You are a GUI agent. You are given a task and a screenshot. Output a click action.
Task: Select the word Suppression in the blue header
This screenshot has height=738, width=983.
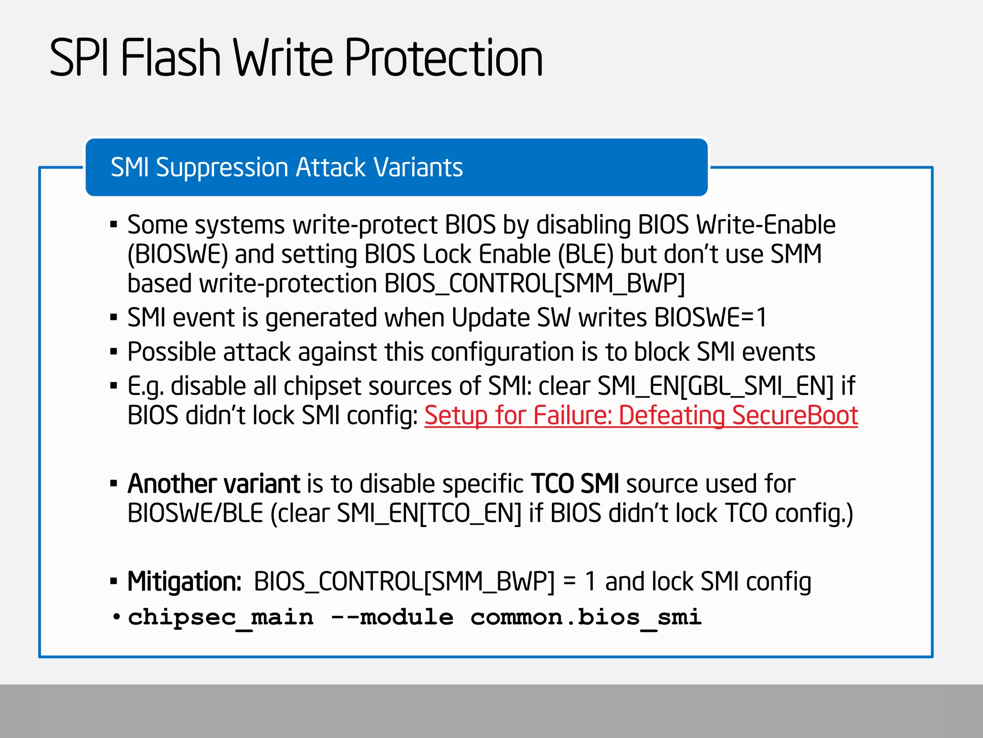(222, 168)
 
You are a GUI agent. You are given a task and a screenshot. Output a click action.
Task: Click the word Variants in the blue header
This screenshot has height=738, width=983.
(418, 168)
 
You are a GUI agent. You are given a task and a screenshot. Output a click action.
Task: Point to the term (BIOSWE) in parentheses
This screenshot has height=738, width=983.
(178, 254)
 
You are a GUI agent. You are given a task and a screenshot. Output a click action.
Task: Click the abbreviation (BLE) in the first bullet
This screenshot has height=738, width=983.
(586, 254)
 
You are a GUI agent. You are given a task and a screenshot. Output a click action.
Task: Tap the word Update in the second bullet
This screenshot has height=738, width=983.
(490, 318)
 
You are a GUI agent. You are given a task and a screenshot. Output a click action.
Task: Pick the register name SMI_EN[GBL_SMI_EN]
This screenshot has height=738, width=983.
(715, 386)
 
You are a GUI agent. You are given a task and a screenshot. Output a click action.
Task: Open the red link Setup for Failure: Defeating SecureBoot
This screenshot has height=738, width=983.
(641, 416)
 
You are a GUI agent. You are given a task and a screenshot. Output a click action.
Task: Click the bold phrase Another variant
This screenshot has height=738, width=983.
(214, 484)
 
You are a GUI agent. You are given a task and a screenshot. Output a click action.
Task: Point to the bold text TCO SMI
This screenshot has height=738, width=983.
(575, 484)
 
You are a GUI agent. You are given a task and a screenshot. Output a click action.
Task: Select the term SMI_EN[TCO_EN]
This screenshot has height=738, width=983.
(429, 513)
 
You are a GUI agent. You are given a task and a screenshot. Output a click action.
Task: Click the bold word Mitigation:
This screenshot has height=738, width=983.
(184, 582)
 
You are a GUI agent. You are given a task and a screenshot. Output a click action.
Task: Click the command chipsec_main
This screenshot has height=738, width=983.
(221, 617)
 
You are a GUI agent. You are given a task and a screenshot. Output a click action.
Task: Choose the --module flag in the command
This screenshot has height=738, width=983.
(392, 617)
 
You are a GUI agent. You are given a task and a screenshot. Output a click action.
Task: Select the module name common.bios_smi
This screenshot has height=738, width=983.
(586, 617)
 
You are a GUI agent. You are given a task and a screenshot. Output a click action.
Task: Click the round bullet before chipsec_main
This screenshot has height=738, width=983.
(116, 617)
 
